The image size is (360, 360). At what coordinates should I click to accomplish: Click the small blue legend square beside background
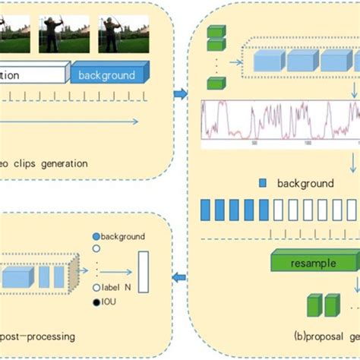point(263,183)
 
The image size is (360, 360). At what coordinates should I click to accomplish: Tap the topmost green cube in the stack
point(216,31)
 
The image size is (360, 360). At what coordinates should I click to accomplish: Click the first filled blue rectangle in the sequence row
point(204,209)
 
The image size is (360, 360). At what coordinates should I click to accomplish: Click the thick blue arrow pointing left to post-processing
point(180,277)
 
